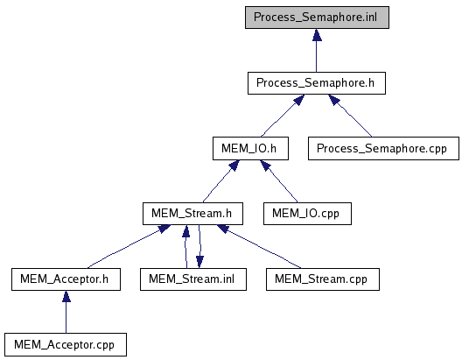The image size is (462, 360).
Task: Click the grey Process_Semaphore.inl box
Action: click(x=317, y=18)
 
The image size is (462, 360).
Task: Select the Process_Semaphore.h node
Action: click(x=317, y=83)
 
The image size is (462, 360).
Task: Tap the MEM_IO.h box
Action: click(x=250, y=148)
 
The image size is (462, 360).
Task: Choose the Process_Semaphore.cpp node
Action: click(x=383, y=148)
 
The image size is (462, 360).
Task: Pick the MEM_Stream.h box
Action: click(x=192, y=214)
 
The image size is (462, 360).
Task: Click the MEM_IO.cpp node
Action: click(x=307, y=214)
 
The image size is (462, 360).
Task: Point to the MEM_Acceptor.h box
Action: click(x=66, y=279)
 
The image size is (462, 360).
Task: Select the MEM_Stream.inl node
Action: click(x=193, y=279)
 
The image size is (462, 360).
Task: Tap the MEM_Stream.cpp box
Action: click(x=323, y=279)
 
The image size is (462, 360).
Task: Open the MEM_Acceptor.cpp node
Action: click(x=66, y=344)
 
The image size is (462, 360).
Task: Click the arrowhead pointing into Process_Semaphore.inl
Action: click(x=317, y=35)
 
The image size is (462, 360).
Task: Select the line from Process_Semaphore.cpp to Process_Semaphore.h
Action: click(x=350, y=116)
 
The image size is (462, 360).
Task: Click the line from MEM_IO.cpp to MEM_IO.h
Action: click(x=279, y=181)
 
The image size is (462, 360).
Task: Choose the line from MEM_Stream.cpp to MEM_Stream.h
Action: click(x=259, y=246)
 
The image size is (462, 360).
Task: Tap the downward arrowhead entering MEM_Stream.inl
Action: click(x=199, y=262)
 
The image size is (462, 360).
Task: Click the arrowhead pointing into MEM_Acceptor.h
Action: click(x=66, y=297)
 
